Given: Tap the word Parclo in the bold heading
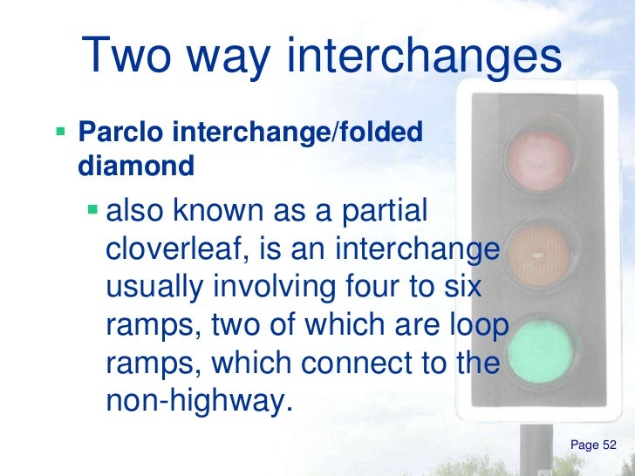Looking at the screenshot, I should pyautogui.click(x=117, y=134).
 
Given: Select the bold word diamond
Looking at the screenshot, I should pyautogui.click(x=135, y=166).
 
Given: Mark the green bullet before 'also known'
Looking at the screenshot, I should pyautogui.click(x=93, y=214).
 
